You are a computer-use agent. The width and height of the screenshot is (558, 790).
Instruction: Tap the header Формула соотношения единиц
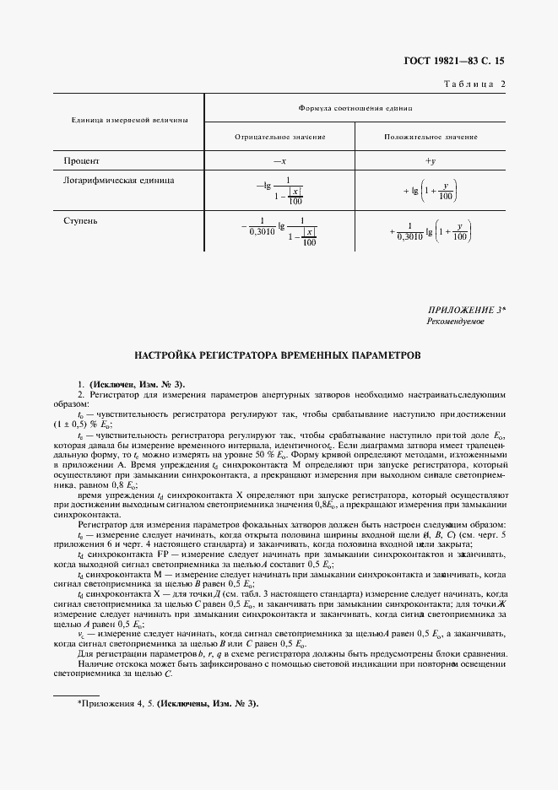click(355, 109)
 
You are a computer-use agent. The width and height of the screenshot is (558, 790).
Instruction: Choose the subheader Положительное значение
click(431, 136)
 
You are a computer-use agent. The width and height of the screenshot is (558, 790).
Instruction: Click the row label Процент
click(82, 160)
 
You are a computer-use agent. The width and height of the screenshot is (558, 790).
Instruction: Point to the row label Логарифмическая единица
click(112, 180)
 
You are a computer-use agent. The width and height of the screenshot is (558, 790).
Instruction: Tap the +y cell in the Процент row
click(430, 160)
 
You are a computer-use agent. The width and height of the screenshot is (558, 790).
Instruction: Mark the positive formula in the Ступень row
click(431, 230)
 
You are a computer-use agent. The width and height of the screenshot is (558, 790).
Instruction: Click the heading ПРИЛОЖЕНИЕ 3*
click(467, 311)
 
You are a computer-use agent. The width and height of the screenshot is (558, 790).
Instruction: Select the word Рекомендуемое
click(455, 322)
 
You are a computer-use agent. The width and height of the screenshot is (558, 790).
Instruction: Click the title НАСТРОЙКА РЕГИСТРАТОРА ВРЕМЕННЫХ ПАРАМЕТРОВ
click(279, 355)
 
